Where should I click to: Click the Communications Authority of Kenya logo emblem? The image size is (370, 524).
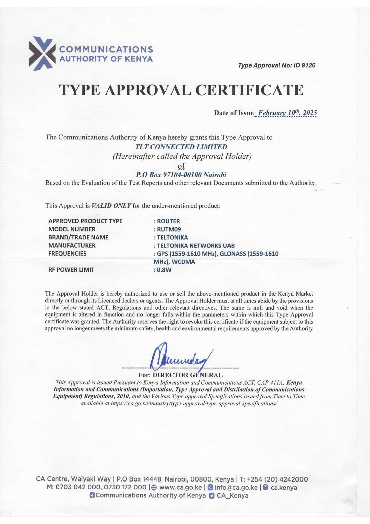(x=42, y=53)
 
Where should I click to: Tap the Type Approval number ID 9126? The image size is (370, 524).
(x=304, y=65)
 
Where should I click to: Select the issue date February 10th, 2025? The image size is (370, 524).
(x=287, y=113)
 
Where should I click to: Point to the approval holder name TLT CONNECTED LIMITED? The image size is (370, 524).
(x=181, y=147)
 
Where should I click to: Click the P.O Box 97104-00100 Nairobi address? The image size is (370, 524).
(x=181, y=175)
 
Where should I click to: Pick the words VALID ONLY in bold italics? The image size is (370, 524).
(x=111, y=206)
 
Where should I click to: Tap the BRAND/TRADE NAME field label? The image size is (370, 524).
(x=78, y=237)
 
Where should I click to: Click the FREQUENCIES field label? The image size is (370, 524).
(x=67, y=253)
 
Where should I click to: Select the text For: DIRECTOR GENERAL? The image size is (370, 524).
(x=181, y=375)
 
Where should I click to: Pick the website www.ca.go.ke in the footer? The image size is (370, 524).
(x=181, y=488)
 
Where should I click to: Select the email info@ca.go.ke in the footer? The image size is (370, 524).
(x=236, y=488)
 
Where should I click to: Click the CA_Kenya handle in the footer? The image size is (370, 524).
(x=232, y=496)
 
